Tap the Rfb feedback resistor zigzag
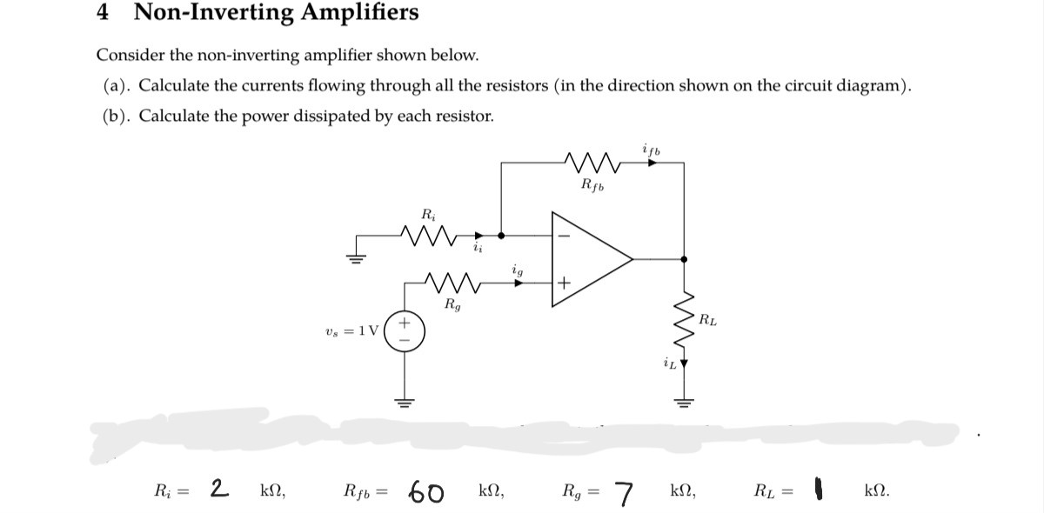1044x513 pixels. click(x=590, y=161)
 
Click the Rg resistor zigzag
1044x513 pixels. click(x=453, y=283)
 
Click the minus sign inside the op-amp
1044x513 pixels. click(x=563, y=236)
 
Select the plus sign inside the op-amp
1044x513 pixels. click(x=563, y=283)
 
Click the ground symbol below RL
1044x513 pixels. click(x=684, y=400)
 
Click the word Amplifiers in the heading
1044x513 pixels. click(x=350, y=13)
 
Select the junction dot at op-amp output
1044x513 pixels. click(x=684, y=259)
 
